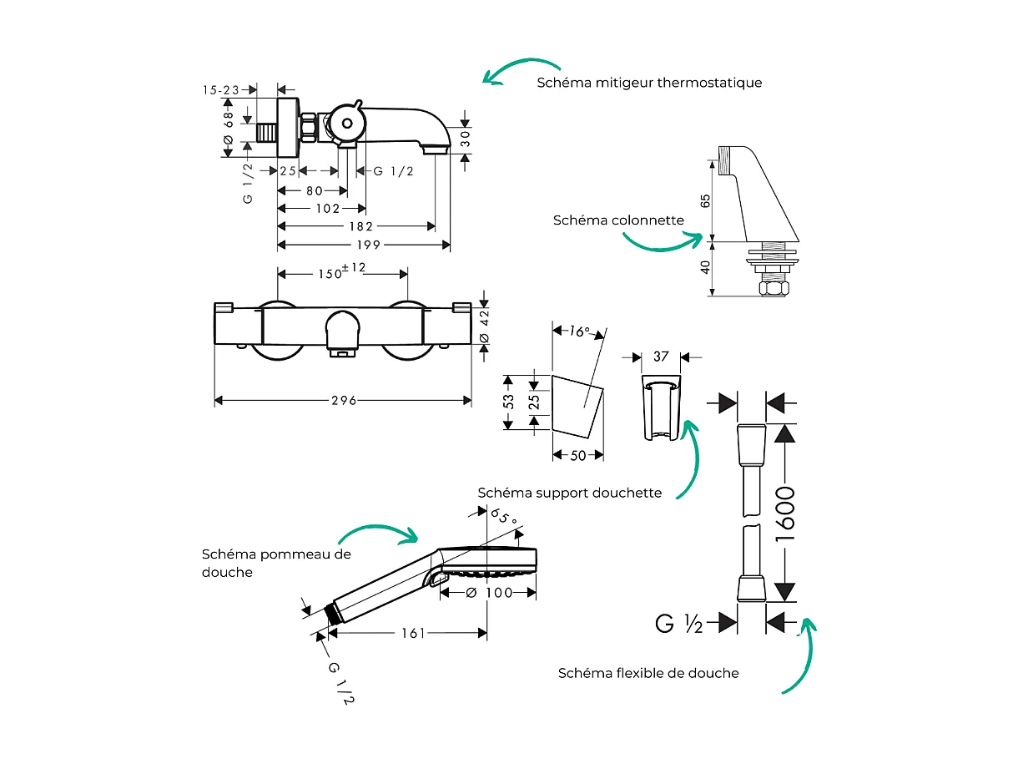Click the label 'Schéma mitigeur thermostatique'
(649, 83)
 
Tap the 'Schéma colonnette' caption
(618, 220)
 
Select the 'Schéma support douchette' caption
(569, 493)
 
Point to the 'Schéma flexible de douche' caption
(648, 673)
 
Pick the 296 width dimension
(343, 401)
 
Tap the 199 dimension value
(368, 245)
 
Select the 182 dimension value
(360, 226)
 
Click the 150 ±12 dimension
(342, 272)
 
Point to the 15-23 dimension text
(221, 89)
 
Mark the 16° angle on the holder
(579, 331)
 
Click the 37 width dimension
(661, 357)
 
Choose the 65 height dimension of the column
(706, 201)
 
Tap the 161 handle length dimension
(412, 634)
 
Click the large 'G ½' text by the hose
(679, 624)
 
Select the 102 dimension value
(326, 208)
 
